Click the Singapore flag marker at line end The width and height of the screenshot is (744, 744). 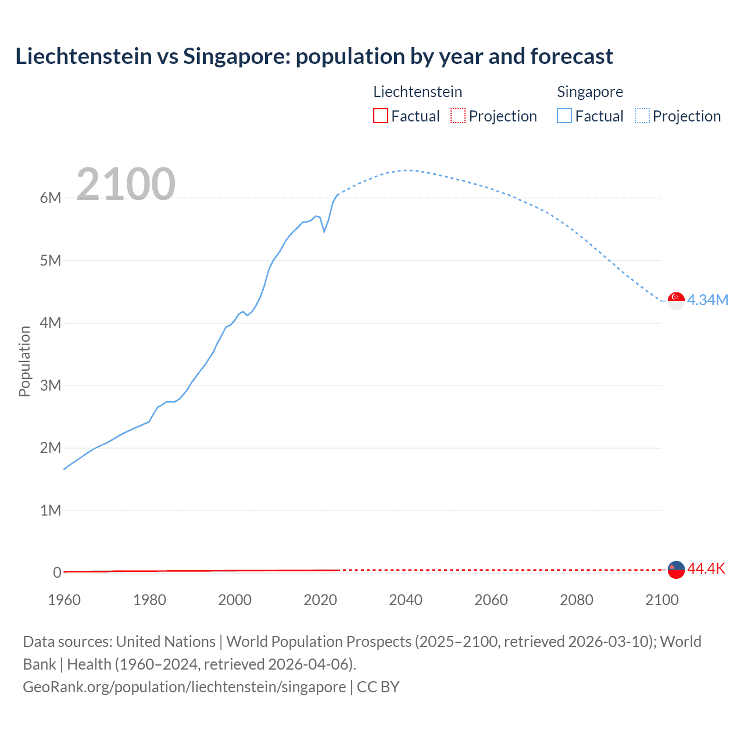click(x=676, y=301)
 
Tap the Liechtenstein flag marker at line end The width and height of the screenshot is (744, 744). click(x=676, y=570)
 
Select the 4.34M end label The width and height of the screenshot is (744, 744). click(x=707, y=300)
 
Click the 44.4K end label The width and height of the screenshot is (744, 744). click(x=706, y=568)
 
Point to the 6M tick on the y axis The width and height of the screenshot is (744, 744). click(x=51, y=198)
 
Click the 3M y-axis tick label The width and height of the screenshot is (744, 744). click(x=51, y=385)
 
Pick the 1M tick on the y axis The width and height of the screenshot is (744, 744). click(x=51, y=510)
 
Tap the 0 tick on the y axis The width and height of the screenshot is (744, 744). click(x=57, y=573)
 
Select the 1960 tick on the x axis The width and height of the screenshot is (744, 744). click(x=64, y=600)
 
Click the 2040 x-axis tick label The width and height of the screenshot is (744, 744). click(x=406, y=600)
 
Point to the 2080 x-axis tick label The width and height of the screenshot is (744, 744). click(x=577, y=600)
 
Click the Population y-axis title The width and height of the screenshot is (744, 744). click(x=24, y=361)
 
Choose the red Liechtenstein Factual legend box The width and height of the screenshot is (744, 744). click(x=380, y=116)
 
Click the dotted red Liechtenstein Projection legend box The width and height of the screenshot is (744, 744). click(x=458, y=116)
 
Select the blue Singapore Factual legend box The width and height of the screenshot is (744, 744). click(x=564, y=116)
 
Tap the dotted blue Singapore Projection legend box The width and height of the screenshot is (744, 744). click(x=642, y=116)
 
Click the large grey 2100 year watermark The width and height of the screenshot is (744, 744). click(x=126, y=184)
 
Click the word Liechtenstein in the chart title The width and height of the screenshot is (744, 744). click(x=83, y=56)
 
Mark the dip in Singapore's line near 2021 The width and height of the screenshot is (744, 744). click(x=324, y=231)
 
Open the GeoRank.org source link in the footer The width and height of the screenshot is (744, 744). click(x=184, y=687)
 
